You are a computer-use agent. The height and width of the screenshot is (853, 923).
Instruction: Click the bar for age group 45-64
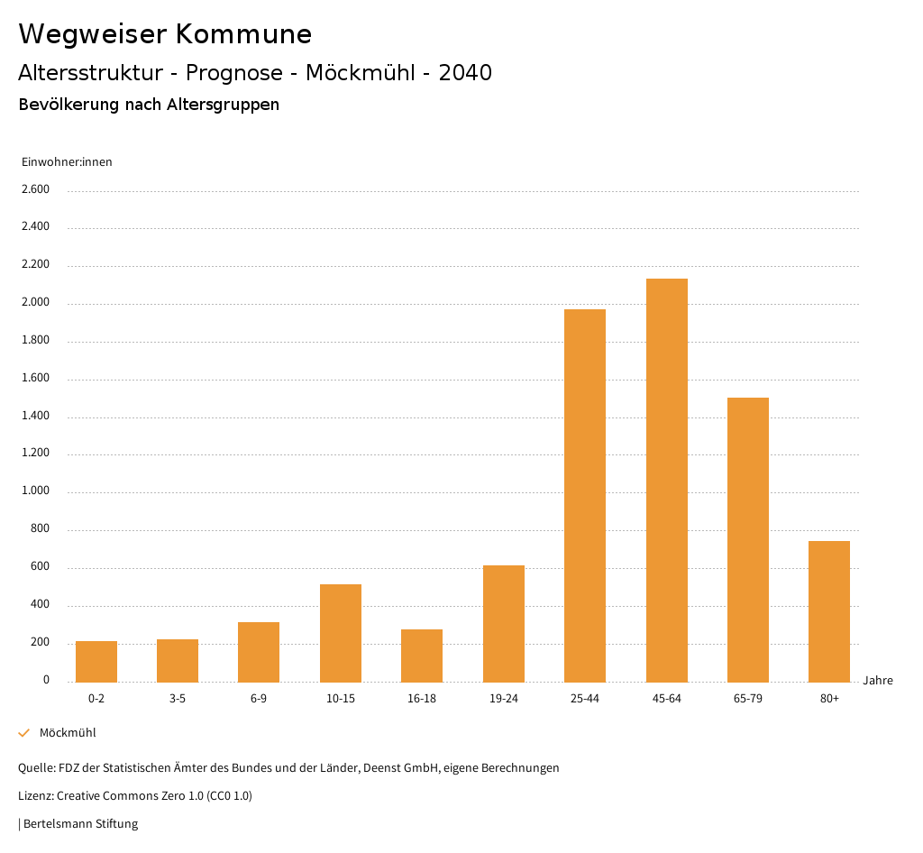pyautogui.click(x=666, y=480)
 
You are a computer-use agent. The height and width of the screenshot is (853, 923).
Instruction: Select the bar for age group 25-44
pyautogui.click(x=585, y=495)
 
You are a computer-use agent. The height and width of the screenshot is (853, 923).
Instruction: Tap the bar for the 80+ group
pyautogui.click(x=829, y=610)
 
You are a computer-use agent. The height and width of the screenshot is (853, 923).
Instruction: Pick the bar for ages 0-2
pyautogui.click(x=96, y=661)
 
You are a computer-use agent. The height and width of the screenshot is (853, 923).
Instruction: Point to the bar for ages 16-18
pyautogui.click(x=422, y=655)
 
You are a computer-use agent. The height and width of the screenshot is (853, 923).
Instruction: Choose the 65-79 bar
pyautogui.click(x=748, y=539)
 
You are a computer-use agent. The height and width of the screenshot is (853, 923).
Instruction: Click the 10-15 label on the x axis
pyautogui.click(x=341, y=699)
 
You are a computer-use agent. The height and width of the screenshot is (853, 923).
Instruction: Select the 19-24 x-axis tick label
pyautogui.click(x=504, y=699)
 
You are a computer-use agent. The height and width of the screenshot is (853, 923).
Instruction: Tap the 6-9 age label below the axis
pyautogui.click(x=259, y=699)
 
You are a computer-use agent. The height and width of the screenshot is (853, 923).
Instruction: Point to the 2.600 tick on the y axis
pyautogui.click(x=35, y=189)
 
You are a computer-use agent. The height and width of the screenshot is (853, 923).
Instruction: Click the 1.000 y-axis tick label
pyautogui.click(x=35, y=491)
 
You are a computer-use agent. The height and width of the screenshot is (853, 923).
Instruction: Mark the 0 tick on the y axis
pyautogui.click(x=46, y=680)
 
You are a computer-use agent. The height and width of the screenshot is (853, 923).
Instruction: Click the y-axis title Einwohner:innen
pyautogui.click(x=67, y=162)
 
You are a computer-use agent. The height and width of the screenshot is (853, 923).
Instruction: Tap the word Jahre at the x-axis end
pyautogui.click(x=878, y=681)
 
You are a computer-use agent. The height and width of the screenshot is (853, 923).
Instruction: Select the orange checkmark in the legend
pyautogui.click(x=24, y=733)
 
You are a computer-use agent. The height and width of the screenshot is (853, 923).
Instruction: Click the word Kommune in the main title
pyautogui.click(x=243, y=34)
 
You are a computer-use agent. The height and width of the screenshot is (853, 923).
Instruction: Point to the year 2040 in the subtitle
pyautogui.click(x=465, y=73)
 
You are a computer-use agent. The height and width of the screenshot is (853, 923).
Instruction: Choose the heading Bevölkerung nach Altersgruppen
pyautogui.click(x=149, y=105)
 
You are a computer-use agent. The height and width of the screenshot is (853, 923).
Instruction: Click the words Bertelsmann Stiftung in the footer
pyautogui.click(x=80, y=823)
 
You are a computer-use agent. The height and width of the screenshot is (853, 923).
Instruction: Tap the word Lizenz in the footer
pyautogui.click(x=35, y=796)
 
